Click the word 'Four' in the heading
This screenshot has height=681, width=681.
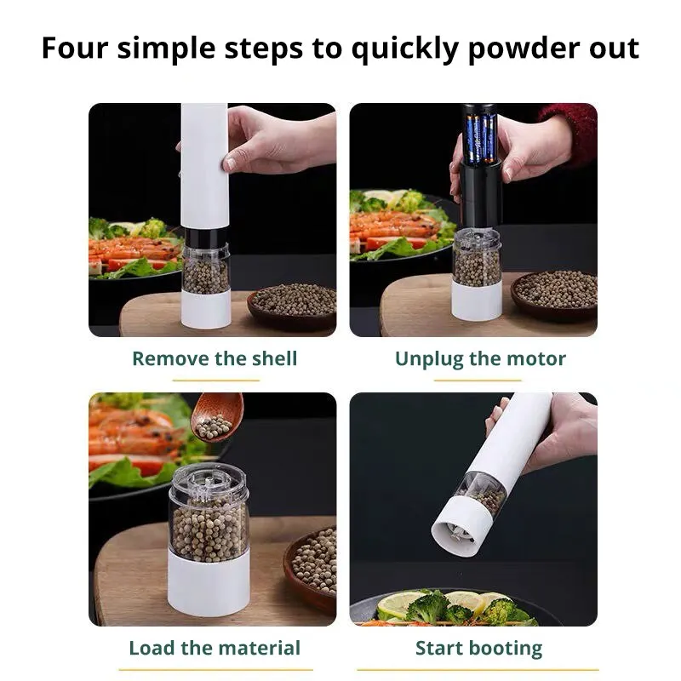(74, 48)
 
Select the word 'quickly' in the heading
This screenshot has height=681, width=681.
(405, 49)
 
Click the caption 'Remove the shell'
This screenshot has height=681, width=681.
(215, 358)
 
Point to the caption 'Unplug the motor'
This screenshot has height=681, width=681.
(480, 359)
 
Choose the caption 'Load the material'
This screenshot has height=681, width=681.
(215, 648)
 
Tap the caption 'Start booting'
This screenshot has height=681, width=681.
(478, 649)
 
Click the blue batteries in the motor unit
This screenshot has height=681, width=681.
(481, 139)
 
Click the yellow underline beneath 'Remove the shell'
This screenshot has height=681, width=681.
(216, 380)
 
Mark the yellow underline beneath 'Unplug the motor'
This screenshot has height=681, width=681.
(478, 380)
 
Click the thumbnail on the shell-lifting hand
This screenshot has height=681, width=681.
(229, 164)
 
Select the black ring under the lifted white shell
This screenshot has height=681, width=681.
(206, 237)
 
